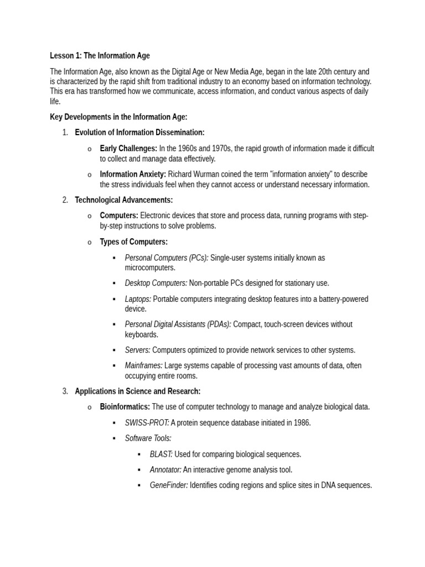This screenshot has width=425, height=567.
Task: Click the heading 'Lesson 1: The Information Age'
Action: pos(100,55)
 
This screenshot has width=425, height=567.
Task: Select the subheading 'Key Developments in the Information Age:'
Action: pos(118,117)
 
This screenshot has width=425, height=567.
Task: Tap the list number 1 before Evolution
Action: pos(65,132)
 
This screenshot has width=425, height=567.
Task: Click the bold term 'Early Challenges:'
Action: pos(128,148)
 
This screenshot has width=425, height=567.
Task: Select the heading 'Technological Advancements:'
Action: pos(124,200)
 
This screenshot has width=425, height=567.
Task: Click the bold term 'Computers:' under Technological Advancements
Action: pos(119,215)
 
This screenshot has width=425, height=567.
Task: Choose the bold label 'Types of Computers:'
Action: pos(133,241)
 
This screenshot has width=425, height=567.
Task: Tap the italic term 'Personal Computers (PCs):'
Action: pos(167,257)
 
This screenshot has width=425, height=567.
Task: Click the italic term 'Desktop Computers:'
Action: pos(156,283)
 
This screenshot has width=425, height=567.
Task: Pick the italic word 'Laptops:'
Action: pos(138,299)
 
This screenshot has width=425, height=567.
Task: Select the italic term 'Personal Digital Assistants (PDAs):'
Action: pos(178,324)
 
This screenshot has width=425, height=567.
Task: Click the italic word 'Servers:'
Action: pos(138,350)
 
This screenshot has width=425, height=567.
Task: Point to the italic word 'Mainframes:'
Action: pos(144,365)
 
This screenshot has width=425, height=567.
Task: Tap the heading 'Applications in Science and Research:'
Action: pos(138,391)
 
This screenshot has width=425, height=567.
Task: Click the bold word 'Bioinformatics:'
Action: pos(125,406)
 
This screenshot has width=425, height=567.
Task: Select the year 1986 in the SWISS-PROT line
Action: pos(300,422)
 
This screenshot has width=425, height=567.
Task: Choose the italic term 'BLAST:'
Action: pos(161,454)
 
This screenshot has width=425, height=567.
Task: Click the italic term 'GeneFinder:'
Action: pos(169,485)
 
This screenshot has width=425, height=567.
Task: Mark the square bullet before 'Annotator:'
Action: pos(139,470)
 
